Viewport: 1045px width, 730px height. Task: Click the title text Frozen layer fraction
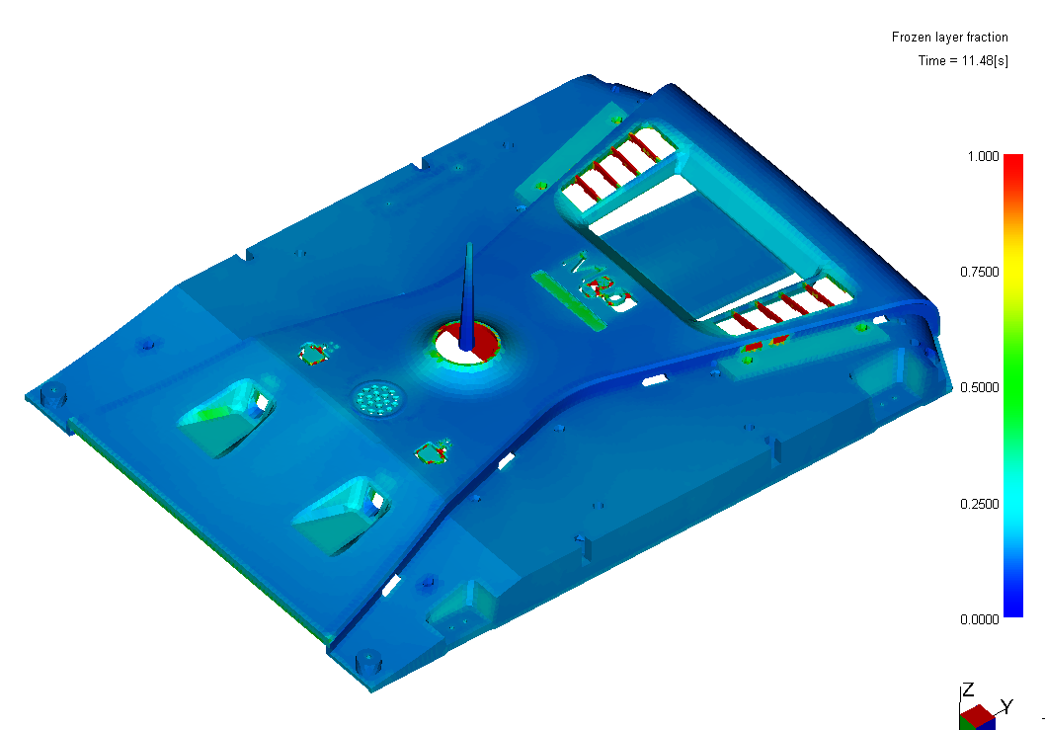point(950,38)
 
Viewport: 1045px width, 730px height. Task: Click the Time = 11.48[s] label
point(963,60)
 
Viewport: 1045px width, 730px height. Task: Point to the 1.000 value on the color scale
point(983,156)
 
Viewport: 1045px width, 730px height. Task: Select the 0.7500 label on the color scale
point(980,272)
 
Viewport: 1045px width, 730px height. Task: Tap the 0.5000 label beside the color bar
point(980,387)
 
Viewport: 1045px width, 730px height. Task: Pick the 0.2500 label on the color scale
point(980,504)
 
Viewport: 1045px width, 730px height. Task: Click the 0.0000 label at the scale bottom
point(980,619)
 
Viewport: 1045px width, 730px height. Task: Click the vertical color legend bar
point(1013,386)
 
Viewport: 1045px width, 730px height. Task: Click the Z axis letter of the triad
point(968,689)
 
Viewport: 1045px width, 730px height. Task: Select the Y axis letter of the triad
point(1007,706)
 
